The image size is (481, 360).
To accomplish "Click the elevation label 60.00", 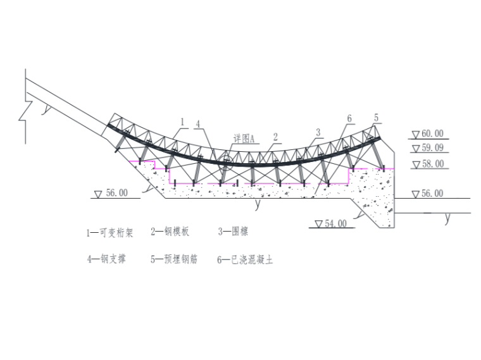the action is (432, 133).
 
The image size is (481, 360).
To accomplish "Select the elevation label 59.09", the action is (432, 148).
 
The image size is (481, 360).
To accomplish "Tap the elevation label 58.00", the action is (433, 164).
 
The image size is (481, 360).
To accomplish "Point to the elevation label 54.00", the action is (336, 223).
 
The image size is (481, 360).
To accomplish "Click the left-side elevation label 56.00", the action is (117, 193).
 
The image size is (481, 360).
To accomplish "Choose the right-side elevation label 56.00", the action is (432, 194).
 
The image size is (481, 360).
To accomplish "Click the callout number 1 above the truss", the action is (182, 122).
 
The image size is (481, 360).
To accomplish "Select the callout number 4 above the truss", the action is (198, 124).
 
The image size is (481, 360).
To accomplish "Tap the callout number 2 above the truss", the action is (275, 137).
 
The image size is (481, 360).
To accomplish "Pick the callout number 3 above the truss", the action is (318, 132).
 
